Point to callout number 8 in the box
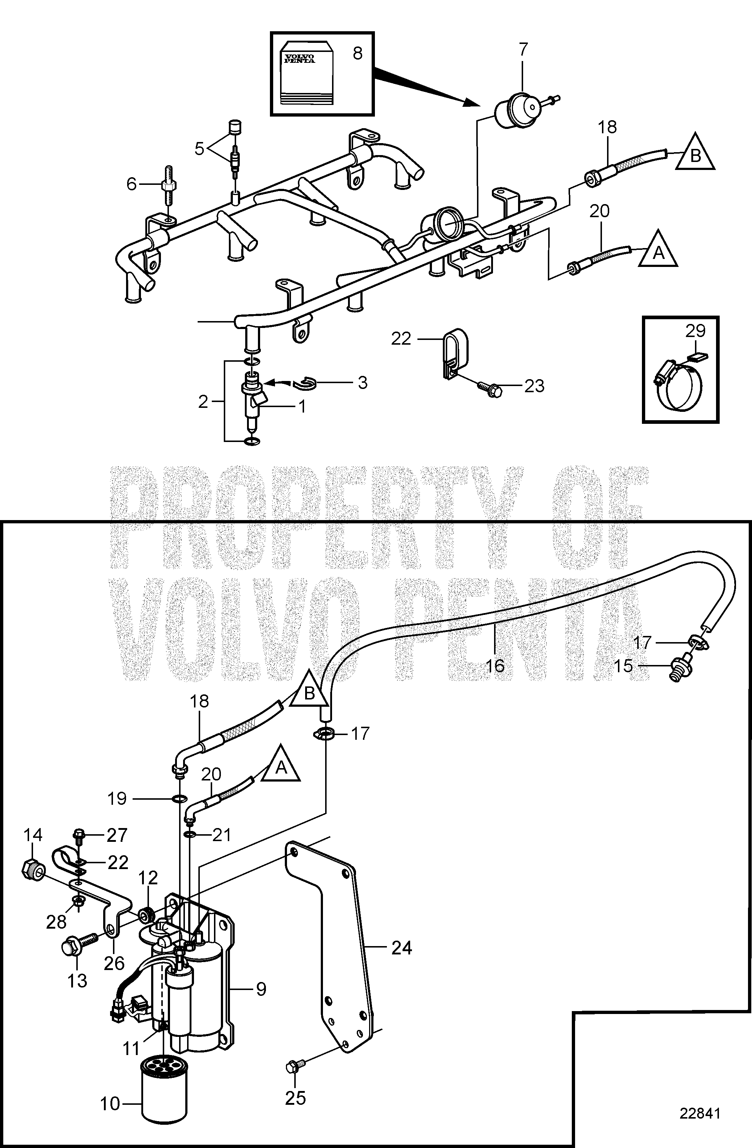357,53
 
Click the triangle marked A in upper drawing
658,250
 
